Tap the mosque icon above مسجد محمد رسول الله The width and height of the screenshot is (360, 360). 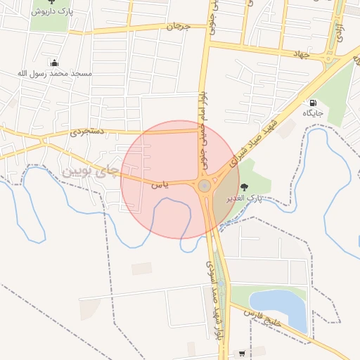pos(54,63)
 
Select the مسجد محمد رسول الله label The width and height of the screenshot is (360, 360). pos(55,73)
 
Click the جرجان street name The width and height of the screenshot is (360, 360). pos(178,27)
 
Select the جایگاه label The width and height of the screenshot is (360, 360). pos(312,112)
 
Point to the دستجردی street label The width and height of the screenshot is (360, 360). pos(87,131)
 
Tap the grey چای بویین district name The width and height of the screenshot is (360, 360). pos(87,171)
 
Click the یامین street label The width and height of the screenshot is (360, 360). pos(160,185)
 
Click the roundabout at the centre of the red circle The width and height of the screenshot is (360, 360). pos(204,186)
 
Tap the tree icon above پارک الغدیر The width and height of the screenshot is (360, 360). pos(244,186)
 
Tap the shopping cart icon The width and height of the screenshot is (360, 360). pos(243,354)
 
